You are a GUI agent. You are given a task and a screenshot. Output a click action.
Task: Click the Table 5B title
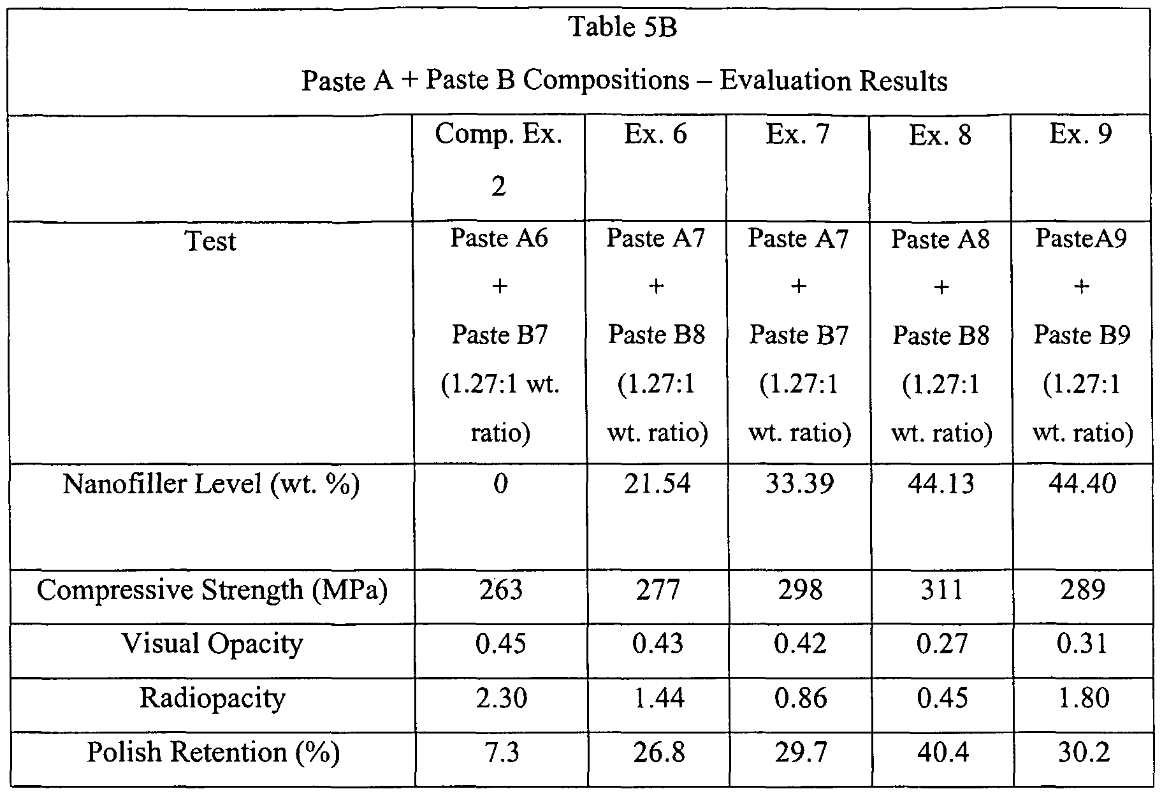[622, 28]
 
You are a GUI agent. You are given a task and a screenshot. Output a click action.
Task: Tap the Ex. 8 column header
[940, 136]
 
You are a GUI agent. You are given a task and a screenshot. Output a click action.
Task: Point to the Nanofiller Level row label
[211, 484]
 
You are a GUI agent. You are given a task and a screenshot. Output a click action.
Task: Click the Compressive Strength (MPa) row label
[212, 590]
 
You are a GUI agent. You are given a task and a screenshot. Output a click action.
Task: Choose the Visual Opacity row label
[212, 644]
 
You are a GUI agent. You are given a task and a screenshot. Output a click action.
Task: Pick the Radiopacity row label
[212, 698]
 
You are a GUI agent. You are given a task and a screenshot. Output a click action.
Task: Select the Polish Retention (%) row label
[213, 753]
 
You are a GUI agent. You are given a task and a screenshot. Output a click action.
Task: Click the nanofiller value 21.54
[657, 484]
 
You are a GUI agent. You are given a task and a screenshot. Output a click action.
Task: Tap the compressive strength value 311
[941, 590]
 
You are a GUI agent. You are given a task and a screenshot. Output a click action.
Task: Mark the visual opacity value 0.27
[941, 644]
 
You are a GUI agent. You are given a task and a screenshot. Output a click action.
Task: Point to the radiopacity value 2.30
[500, 698]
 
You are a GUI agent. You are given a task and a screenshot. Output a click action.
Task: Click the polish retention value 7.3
[500, 753]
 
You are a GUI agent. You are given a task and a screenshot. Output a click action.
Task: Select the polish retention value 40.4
[941, 753]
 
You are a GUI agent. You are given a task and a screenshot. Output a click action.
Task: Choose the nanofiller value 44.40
[1082, 484]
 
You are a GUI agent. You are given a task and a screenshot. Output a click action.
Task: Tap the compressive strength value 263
[500, 590]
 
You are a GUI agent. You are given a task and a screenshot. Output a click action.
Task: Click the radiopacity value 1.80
[1082, 698]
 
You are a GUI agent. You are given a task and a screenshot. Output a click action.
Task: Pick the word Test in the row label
[210, 242]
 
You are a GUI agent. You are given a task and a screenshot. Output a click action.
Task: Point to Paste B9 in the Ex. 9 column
[1082, 335]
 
